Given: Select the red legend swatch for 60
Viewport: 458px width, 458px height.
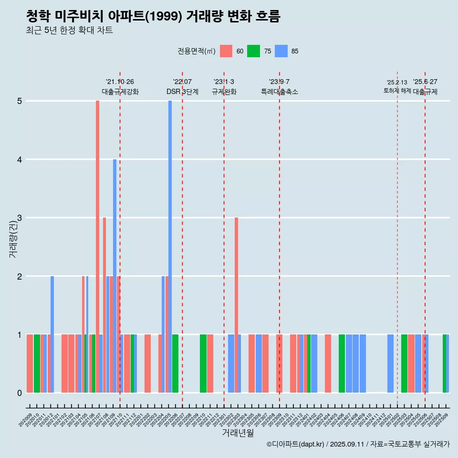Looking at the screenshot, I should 226,51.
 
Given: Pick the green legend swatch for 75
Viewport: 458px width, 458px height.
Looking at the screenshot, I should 253,51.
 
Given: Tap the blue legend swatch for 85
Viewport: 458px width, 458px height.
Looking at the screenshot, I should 281,51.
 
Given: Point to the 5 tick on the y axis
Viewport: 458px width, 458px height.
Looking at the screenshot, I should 20,101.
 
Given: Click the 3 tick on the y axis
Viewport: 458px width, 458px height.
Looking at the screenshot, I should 20,218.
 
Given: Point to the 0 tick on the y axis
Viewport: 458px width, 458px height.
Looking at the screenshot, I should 20,393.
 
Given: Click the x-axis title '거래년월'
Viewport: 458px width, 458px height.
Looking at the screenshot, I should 238,433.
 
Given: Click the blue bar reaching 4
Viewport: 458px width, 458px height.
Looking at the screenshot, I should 114,276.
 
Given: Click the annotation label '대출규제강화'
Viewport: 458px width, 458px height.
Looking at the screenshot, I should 120,92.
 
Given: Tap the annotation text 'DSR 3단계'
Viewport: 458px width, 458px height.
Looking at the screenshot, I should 182,92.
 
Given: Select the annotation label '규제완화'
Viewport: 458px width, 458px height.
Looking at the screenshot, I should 224,92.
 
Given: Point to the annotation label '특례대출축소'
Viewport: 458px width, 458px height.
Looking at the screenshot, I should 280,92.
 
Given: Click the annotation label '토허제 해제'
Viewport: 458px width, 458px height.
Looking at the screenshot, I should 397,91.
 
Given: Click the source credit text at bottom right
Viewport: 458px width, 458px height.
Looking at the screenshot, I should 358,444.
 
